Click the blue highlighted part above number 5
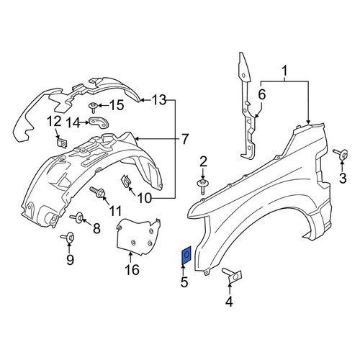tap(186, 255)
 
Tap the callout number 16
tap(132, 269)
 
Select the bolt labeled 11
tap(97, 192)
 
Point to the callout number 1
tap(284, 71)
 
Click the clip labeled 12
tap(61, 143)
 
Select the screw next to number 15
tap(92, 107)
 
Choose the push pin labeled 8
tap(77, 217)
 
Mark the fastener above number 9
tap(68, 237)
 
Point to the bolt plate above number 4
tap(232, 276)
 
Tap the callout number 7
tap(184, 139)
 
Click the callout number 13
tap(159, 100)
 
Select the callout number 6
tap(262, 94)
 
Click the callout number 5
tap(184, 282)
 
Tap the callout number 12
tap(54, 122)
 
